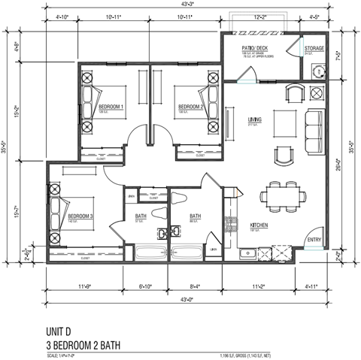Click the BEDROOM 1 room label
coord(111,107)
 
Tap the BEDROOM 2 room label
coord(190,107)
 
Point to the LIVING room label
coord(254,119)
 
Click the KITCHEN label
coord(259,225)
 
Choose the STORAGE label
coord(314,48)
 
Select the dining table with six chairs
coord(287,196)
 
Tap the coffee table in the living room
coord(284,121)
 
